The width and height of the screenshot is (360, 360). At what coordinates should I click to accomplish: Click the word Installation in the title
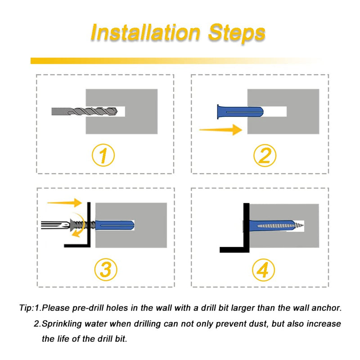(145, 32)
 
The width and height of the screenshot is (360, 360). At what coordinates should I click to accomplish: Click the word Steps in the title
(237, 33)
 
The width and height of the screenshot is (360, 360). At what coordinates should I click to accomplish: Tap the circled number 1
(103, 155)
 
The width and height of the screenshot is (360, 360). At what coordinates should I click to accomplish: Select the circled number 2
(265, 155)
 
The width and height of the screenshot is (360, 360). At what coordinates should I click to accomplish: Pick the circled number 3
(106, 270)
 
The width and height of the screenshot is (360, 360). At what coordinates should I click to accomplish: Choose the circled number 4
(263, 270)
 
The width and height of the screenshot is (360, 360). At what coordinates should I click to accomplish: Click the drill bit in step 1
(85, 112)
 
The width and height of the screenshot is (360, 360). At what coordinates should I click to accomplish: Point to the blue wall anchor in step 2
(240, 112)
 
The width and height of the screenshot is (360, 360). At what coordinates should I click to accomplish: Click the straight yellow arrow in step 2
(220, 130)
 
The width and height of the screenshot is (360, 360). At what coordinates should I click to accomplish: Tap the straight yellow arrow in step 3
(64, 202)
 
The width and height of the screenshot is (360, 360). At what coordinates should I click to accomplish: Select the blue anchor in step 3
(114, 225)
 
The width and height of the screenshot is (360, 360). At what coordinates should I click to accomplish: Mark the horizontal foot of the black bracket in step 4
(234, 250)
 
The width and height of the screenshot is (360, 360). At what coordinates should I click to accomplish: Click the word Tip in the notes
(26, 308)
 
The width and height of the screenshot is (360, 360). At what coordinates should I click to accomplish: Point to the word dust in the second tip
(259, 324)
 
